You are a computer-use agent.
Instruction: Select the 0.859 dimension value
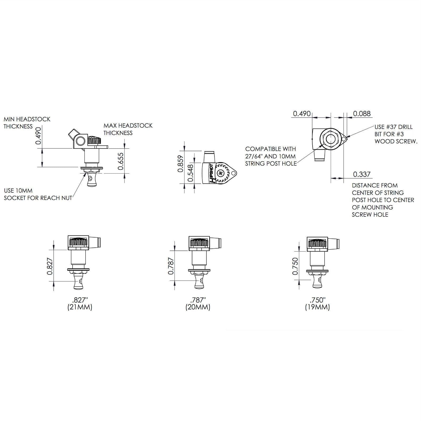(181, 164)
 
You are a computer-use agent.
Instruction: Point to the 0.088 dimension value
(362, 113)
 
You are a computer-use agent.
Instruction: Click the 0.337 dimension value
(362, 174)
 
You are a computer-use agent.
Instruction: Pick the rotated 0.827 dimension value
(50, 266)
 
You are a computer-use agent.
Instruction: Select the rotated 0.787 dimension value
(171, 266)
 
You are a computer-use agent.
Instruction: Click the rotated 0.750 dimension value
(295, 266)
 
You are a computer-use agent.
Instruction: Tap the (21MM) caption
(80, 307)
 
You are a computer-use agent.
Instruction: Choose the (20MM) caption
(198, 307)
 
